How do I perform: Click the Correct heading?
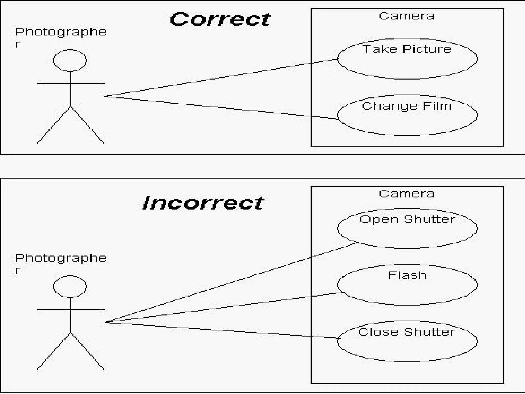[220, 19]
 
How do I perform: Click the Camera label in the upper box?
[407, 16]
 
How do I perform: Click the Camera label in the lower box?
[407, 194]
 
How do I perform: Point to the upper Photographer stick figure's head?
[70, 61]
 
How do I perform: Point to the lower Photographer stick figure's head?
[70, 287]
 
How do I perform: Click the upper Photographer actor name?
[60, 32]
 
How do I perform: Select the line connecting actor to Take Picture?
[220, 78]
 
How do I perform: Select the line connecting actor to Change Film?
[220, 107]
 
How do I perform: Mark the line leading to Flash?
[220, 308]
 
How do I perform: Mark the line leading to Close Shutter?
[220, 330]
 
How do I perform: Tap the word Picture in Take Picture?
[427, 49]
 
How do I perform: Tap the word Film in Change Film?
[437, 106]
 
